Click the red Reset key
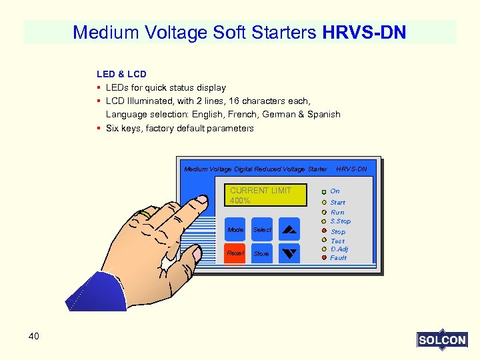point(235,253)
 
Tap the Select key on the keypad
point(262,229)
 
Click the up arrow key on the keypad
point(289,229)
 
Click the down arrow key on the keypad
point(289,253)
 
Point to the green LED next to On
point(323,191)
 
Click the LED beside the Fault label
point(323,257)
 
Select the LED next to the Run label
point(323,213)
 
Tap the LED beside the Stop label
point(323,231)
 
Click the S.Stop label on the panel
point(340,221)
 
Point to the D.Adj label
point(339,249)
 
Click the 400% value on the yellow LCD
point(240,201)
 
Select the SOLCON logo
point(442,340)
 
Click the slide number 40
point(34,336)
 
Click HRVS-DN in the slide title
point(364,32)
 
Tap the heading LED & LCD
point(121,74)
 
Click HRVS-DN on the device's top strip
point(351,169)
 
